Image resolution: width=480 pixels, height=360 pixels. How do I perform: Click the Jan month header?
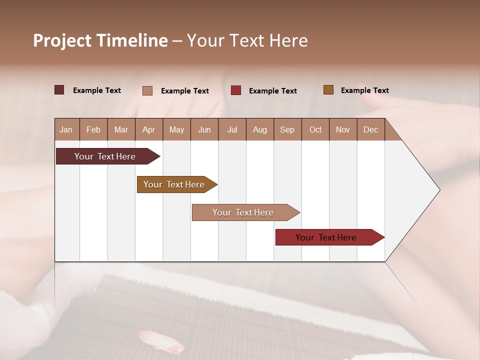[x=66, y=130]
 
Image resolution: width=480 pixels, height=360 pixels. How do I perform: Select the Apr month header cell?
[x=148, y=130]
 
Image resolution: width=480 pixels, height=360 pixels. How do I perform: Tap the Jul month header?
[x=232, y=130]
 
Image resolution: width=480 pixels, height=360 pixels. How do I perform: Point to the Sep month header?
[x=287, y=130]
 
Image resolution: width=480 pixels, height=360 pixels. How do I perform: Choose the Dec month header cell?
[x=370, y=130]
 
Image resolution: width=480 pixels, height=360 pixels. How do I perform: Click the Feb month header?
[x=93, y=130]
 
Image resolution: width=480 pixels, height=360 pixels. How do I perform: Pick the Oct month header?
[x=315, y=130]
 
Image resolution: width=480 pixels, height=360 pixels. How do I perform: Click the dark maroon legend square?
[x=59, y=90]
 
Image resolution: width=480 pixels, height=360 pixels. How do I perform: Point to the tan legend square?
[x=147, y=90]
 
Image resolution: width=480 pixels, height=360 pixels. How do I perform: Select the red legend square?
[x=236, y=90]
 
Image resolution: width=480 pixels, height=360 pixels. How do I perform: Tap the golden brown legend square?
[x=328, y=90]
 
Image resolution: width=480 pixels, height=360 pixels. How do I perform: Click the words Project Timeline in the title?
[x=100, y=40]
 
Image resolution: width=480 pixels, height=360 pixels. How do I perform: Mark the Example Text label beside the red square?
[x=272, y=91]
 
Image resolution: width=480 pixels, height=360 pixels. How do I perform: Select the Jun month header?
[x=204, y=130]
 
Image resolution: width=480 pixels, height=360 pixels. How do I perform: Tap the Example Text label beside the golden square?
[x=364, y=90]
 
